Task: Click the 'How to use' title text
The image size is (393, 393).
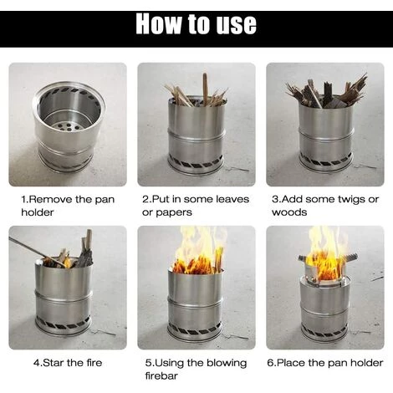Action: [196, 23]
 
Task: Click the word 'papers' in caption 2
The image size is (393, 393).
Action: [174, 213]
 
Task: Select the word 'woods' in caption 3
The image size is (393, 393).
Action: [289, 212]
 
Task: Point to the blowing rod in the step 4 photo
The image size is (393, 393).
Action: [37, 251]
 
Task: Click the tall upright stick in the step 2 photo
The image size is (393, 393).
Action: [205, 89]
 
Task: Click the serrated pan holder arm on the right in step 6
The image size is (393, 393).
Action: [349, 257]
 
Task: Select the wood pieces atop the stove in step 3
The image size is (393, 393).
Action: [327, 93]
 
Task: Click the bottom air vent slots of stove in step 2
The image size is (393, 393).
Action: [196, 162]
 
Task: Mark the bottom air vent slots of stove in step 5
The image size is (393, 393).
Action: [195, 329]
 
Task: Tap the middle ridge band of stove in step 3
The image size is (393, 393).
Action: [326, 135]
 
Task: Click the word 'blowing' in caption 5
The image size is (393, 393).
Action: [227, 364]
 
